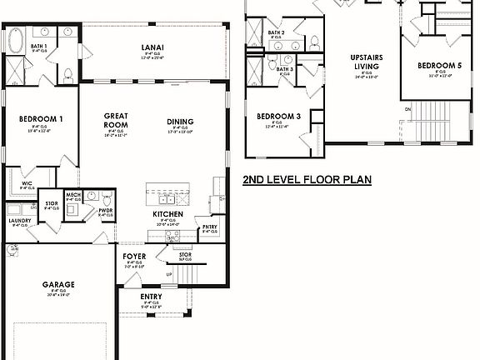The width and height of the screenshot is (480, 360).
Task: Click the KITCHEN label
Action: point(168,214)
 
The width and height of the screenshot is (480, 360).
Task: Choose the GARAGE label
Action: point(58,284)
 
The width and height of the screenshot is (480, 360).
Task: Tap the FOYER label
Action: point(134,256)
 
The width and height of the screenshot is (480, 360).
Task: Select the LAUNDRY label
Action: point(19,221)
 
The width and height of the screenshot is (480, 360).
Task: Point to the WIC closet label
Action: point(27,183)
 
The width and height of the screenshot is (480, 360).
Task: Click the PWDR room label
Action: point(106,211)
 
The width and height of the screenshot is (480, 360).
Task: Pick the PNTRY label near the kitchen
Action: point(210,226)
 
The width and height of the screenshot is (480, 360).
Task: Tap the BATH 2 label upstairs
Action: point(277,32)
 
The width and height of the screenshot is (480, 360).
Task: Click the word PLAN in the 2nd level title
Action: point(355,179)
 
